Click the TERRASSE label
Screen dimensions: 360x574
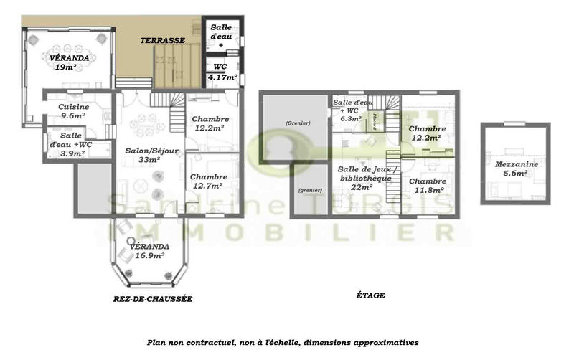[163, 41]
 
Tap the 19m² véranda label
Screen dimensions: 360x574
[65, 62]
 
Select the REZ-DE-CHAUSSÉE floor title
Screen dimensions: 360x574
[153, 298]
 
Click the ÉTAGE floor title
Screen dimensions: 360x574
[370, 295]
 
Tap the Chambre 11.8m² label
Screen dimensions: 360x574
[428, 186]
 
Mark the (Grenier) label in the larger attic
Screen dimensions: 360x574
[297, 123]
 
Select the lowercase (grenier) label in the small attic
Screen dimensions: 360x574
[310, 190]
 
